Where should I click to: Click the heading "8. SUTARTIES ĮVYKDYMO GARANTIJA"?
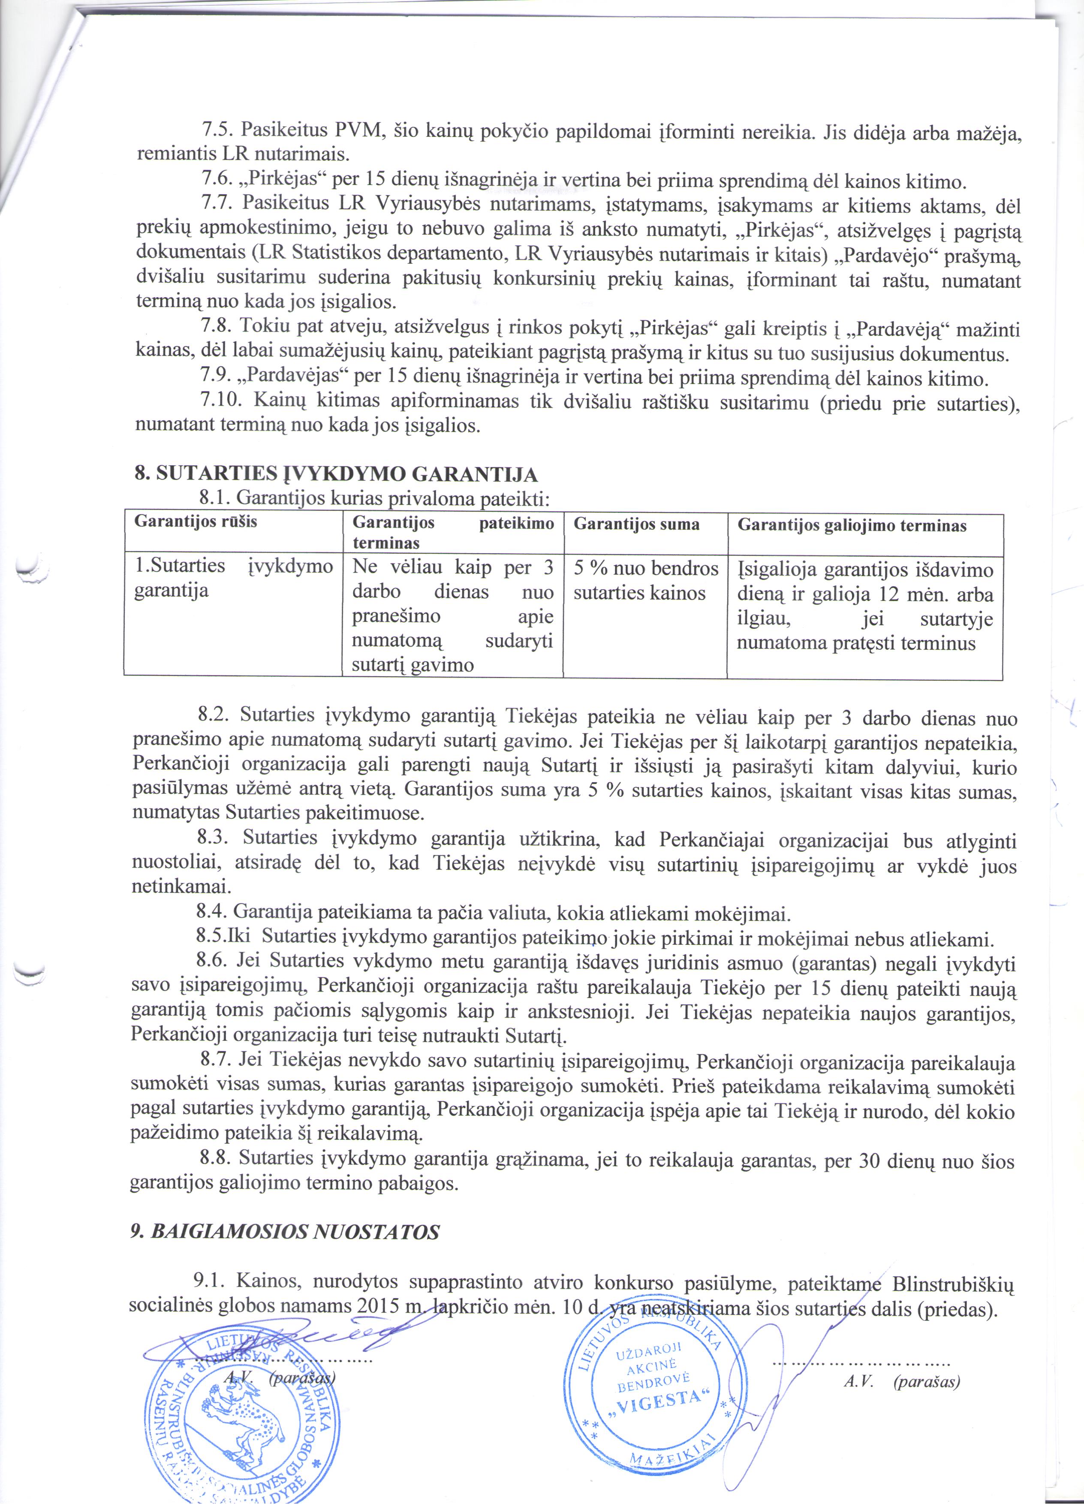click(x=336, y=475)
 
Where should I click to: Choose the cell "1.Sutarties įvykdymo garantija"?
click(x=233, y=578)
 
